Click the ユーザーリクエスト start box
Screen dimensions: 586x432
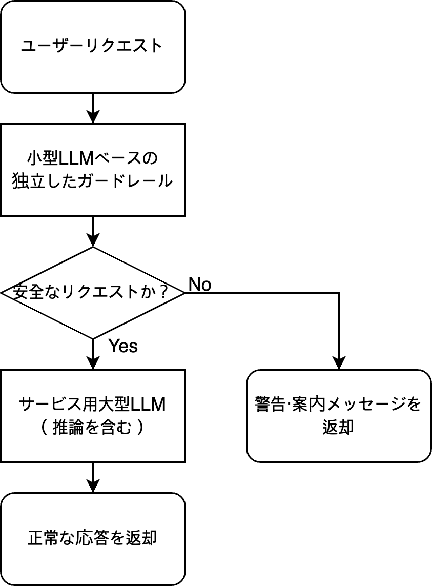pyautogui.click(x=92, y=47)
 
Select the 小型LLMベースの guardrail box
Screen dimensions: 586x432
pyautogui.click(x=92, y=169)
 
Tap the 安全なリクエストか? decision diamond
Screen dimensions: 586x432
pyautogui.click(x=92, y=293)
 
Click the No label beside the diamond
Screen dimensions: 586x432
pyautogui.click(x=200, y=285)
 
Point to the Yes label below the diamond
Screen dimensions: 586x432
pyautogui.click(x=123, y=347)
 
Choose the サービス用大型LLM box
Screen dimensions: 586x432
pyautogui.click(x=92, y=415)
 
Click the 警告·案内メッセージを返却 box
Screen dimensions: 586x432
pyautogui.click(x=338, y=415)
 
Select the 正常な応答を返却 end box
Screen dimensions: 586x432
pyautogui.click(x=92, y=538)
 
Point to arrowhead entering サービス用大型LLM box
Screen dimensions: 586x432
pyautogui.click(x=93, y=364)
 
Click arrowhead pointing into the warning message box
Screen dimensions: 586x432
pyautogui.click(x=339, y=364)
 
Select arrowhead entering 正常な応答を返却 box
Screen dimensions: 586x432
pyautogui.click(x=93, y=487)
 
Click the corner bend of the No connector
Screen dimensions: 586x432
pyautogui.click(x=339, y=293)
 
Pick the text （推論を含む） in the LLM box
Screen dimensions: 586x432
pyautogui.click(x=92, y=427)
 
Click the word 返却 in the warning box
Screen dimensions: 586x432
pyautogui.click(x=338, y=427)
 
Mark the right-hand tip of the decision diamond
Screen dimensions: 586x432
pyautogui.click(x=183, y=293)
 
